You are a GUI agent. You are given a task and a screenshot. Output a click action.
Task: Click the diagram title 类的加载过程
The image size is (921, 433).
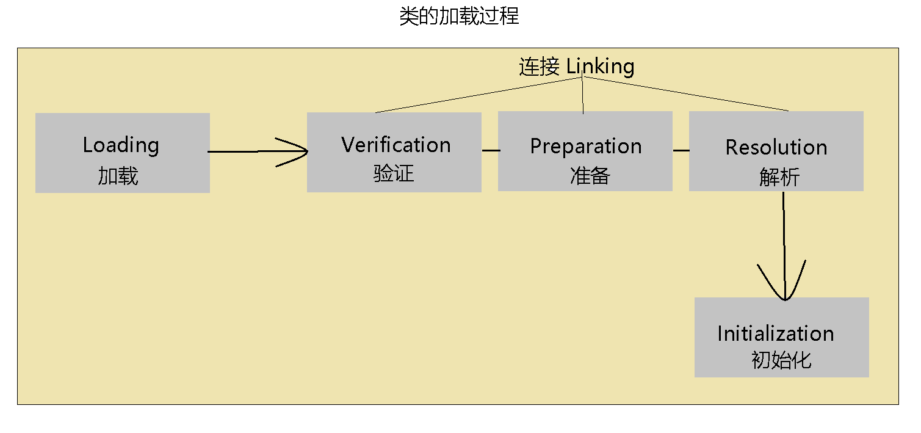point(459,16)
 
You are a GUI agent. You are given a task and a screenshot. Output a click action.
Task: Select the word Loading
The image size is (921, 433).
point(121,145)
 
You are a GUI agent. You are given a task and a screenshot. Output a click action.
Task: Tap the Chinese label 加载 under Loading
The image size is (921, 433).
point(118,176)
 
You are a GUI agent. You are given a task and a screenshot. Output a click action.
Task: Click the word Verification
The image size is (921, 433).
point(395,145)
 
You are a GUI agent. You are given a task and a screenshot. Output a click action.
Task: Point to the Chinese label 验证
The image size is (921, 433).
point(394,173)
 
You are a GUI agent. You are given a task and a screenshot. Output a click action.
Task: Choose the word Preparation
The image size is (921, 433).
point(585,147)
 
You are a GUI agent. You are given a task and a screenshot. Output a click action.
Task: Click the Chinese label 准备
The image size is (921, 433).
point(590,176)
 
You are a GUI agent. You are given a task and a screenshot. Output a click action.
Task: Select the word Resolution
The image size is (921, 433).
point(776,147)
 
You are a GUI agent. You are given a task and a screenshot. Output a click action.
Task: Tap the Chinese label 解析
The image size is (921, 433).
point(779,177)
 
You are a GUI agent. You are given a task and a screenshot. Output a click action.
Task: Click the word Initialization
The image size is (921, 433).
point(775,333)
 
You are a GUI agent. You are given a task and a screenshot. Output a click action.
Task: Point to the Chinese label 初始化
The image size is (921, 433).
point(781,360)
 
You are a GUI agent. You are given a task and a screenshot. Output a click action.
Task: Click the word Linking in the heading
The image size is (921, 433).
point(601,66)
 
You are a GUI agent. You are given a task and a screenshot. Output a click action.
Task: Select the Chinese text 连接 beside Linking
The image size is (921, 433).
point(539,67)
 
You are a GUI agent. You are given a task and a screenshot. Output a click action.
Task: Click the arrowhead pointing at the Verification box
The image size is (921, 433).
point(299,151)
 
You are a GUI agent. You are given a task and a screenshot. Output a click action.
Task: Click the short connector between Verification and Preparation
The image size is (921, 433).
point(489,149)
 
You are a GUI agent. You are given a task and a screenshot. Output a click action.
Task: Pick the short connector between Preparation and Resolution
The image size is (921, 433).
point(681,150)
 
